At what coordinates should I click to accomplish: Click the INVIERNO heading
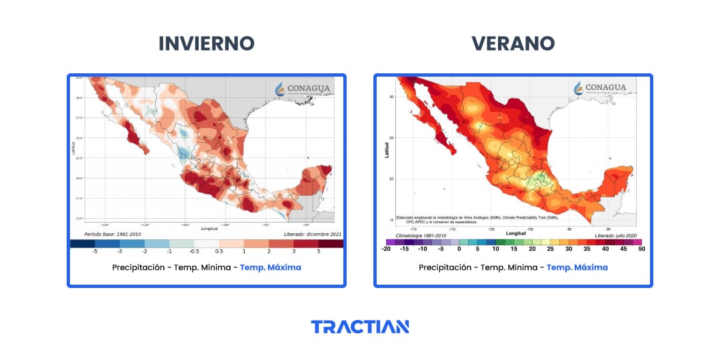pos(206,43)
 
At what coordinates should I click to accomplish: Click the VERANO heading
pos(513,43)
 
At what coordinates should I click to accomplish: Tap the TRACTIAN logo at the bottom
pos(360,327)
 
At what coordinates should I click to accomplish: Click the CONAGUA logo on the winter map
pos(306,89)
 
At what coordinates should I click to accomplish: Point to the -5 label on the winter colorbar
pos(95,251)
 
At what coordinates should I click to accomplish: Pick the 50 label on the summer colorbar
pos(641,249)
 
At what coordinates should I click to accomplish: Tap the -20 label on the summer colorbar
pos(386,249)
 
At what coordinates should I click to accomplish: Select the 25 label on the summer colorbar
pos(549,249)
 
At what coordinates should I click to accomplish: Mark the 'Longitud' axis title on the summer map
pos(515,233)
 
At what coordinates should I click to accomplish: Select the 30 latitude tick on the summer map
pos(391,97)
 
